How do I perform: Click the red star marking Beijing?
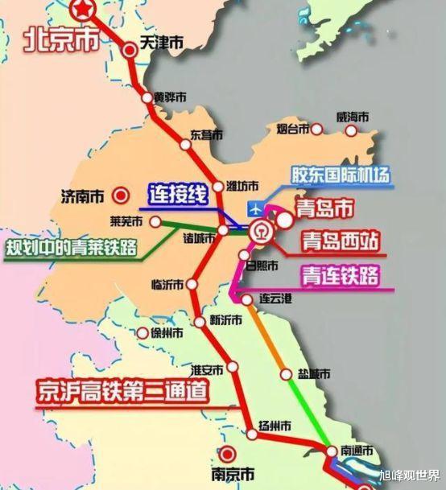coord(83,7)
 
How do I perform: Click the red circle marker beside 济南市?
coord(122,195)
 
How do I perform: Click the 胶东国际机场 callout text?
coord(341,174)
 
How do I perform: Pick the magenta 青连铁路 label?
coord(341,275)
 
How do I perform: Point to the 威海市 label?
coord(353,117)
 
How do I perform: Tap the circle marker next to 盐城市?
coord(287,374)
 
